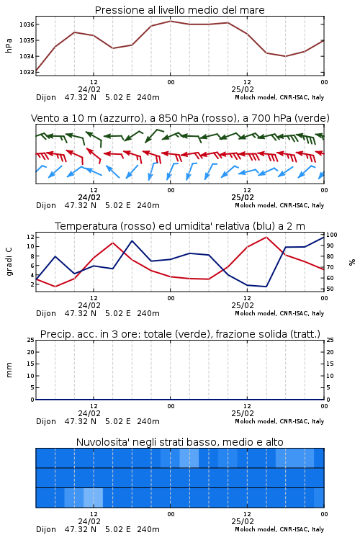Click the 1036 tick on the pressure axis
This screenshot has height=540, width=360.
coord(27,24)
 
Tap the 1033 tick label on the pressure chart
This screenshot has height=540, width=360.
coord(27,72)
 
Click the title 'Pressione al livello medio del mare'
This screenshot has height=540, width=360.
coord(180,10)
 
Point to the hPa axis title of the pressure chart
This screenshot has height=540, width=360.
coord(9,45)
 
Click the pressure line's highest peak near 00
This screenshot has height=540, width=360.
coord(170,21)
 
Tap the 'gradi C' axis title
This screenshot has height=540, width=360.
coord(9,261)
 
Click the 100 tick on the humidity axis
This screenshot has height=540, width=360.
coord(332,235)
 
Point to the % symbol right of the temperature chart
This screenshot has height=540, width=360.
coord(352,262)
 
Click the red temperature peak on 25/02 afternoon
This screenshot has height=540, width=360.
coord(266,237)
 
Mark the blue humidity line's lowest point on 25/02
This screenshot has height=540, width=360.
coord(266,287)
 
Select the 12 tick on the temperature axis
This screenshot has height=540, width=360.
coord(30,237)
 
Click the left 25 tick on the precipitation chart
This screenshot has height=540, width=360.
coord(31,340)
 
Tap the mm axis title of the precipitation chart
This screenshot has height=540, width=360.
coord(9,370)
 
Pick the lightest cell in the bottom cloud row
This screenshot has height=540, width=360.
coord(93,498)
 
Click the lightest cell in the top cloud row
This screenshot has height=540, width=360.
coord(189,458)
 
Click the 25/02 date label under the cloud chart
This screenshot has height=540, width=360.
coord(243,521)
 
